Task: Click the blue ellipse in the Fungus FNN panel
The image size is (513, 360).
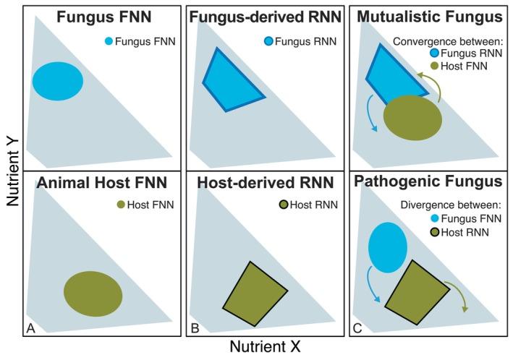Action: [x=57, y=80]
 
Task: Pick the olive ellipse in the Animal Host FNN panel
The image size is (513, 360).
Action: [x=93, y=293]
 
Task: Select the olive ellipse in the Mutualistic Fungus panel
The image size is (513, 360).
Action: [x=412, y=117]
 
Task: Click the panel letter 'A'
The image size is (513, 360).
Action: [x=31, y=329]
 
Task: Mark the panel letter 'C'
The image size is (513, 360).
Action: [x=358, y=329]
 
